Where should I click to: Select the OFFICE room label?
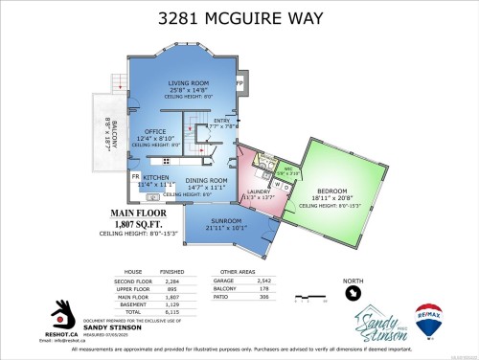[155, 132]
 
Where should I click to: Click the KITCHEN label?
[156, 178]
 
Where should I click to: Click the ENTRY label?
[221, 120]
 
